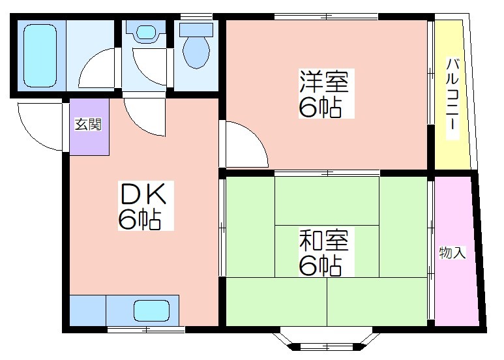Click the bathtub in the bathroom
tap(40, 55)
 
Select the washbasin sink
tap(146, 32)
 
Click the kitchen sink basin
tap(151, 311)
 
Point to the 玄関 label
tap(88, 125)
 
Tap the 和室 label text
tap(324, 240)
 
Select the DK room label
tap(143, 194)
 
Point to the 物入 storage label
tap(452, 252)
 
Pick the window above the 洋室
tap(326, 16)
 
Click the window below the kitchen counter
tap(146, 329)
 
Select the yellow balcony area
tap(452, 94)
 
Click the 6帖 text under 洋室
tap(320, 107)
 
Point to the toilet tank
tap(196, 29)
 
